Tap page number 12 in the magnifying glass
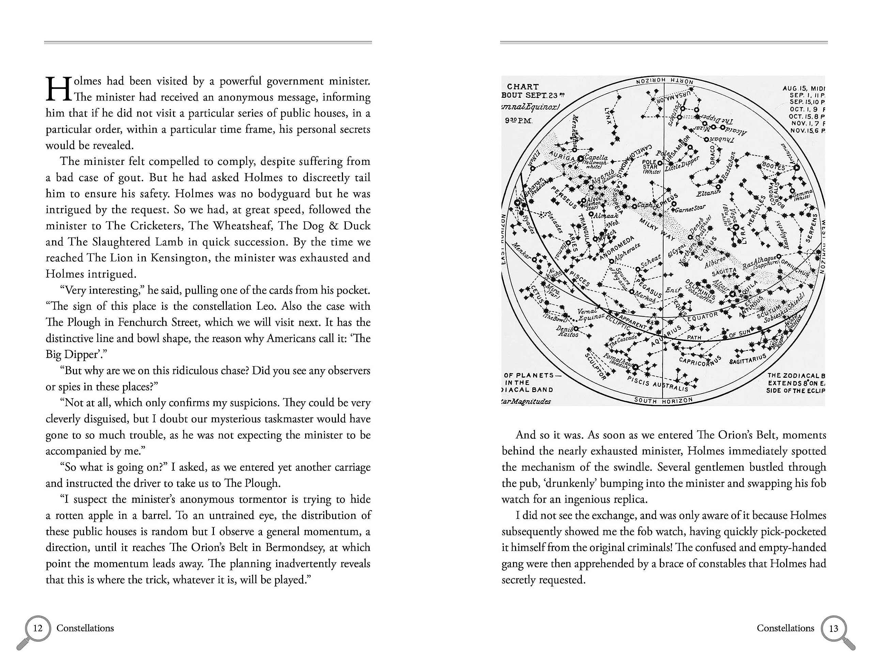pos(38,628)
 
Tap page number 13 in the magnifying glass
pos(834,629)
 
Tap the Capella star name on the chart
pos(596,158)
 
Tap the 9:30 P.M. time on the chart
pos(518,121)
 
